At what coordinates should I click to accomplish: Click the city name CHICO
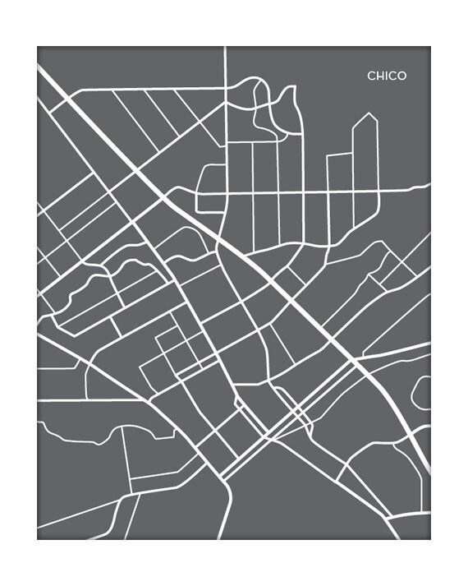point(387,76)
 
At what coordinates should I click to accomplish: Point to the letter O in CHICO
point(401,76)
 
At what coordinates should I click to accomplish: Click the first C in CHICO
point(371,76)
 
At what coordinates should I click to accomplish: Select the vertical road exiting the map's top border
point(225,66)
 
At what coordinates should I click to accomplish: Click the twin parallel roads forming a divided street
point(287,419)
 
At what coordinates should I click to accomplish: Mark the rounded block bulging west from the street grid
point(210,178)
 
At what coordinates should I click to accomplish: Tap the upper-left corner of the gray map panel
point(38,48)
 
